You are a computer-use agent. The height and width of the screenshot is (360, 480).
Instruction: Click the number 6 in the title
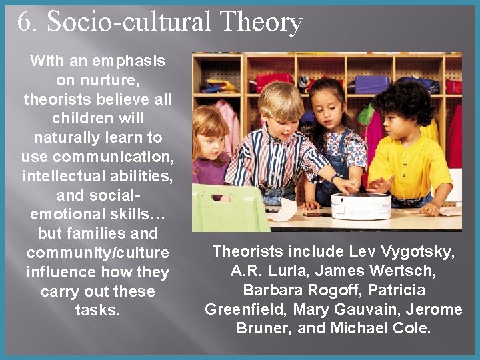(24, 22)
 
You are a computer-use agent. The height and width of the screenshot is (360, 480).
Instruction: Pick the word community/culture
(97, 253)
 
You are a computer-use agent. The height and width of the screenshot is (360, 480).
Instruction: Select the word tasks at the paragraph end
(97, 311)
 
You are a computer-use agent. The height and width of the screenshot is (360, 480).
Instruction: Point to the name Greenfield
(239, 309)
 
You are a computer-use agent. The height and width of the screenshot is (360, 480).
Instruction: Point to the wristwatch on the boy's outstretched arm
(336, 178)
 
